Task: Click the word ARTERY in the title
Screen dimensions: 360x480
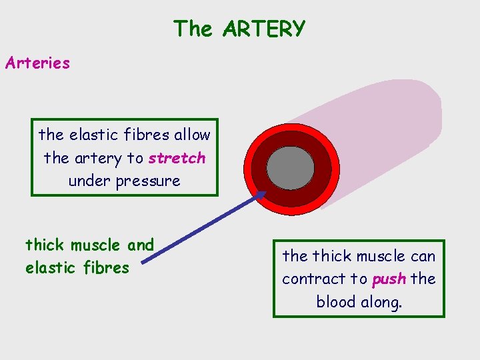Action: (264, 29)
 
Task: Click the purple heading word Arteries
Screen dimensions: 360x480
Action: (37, 63)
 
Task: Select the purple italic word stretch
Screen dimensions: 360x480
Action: (177, 158)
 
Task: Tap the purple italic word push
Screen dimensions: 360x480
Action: (389, 279)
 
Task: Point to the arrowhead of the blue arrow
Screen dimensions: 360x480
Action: (262, 194)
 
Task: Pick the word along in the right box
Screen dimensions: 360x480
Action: (379, 301)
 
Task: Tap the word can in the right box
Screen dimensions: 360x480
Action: (423, 256)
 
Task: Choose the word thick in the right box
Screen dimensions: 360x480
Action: (331, 256)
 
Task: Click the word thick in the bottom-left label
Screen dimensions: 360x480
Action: (45, 245)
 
